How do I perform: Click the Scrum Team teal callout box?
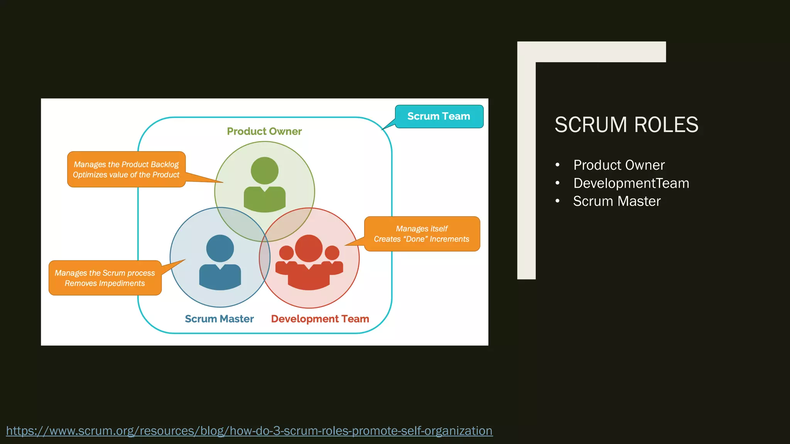439,116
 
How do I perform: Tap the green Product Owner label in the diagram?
264,131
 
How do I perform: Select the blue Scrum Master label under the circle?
219,319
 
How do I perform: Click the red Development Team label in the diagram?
320,319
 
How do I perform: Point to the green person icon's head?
265,170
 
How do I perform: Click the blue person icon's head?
220,248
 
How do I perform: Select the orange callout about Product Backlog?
126,170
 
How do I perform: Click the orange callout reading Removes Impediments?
105,278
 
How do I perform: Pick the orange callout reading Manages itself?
422,234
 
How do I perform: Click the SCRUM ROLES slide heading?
626,125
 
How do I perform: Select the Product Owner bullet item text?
619,165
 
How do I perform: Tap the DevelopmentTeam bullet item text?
631,183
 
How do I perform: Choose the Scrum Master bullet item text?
616,201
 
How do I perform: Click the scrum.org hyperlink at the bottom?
249,431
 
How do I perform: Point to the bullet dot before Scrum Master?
557,201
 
